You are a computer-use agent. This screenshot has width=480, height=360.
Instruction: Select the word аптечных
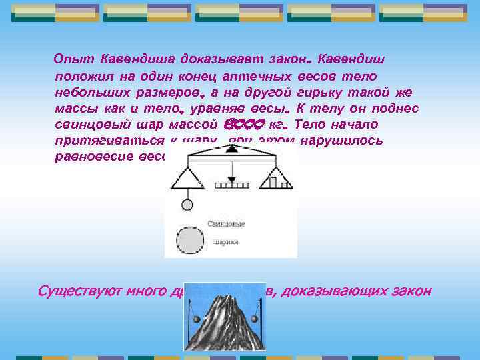[x=257, y=76]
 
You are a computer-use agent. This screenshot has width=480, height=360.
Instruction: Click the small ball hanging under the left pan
[x=187, y=204]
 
